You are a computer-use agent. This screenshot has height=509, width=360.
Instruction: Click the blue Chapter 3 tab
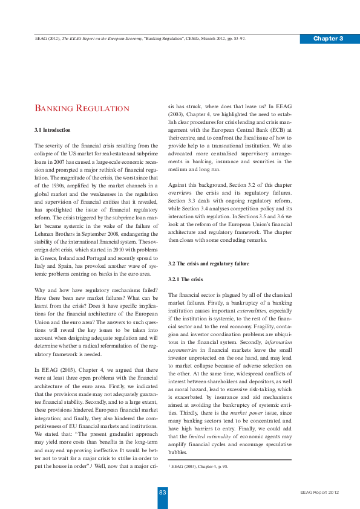[329, 39]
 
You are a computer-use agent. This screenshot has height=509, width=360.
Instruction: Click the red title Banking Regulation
[82, 109]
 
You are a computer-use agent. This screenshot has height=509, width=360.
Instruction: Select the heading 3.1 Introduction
[53, 130]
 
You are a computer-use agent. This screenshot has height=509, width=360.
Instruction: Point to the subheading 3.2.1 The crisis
[186, 279]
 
